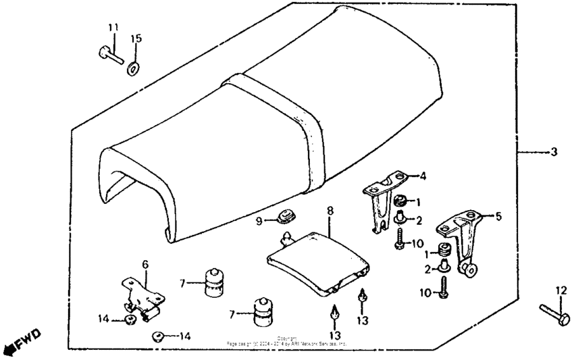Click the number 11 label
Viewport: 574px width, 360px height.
pyautogui.click(x=113, y=27)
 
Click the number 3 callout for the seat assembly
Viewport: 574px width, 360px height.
pyautogui.click(x=554, y=152)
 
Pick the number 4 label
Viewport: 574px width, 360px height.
pyautogui.click(x=422, y=176)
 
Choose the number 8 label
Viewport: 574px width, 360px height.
pyautogui.click(x=330, y=211)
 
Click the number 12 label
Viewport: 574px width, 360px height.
pyautogui.click(x=560, y=290)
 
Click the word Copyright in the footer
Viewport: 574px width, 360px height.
pyautogui.click(x=287, y=338)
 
